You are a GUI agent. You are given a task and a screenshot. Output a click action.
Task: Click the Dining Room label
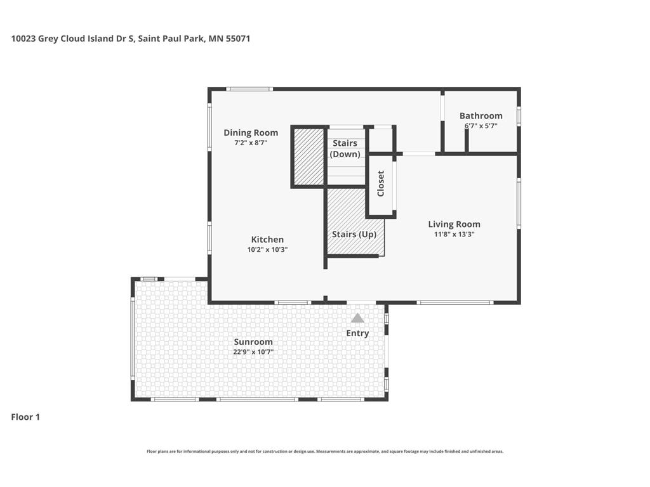click(251, 133)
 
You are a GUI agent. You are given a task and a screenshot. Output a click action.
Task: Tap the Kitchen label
click(267, 239)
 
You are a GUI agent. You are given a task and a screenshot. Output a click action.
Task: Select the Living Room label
click(454, 224)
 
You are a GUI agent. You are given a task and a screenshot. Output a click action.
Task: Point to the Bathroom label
click(481, 115)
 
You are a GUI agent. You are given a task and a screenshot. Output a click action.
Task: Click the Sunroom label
click(253, 342)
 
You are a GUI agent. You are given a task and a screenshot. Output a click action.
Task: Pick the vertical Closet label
click(381, 183)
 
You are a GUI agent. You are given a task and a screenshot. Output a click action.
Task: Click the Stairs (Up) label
click(354, 235)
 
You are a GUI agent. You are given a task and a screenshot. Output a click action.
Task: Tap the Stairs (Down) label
click(345, 148)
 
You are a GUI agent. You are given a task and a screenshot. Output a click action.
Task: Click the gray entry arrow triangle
click(357, 318)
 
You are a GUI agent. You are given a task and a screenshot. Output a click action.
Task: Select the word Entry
click(357, 334)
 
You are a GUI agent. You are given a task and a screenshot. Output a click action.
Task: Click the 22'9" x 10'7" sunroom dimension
click(253, 353)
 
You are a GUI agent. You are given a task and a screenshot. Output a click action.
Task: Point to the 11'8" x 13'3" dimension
click(454, 235)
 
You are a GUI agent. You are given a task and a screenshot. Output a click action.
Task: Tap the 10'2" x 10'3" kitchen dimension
click(267, 250)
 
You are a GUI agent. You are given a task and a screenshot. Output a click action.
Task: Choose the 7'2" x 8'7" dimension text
click(251, 143)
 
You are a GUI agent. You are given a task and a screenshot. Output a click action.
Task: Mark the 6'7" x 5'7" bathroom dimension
click(481, 126)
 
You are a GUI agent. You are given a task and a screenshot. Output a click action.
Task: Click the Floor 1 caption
click(25, 417)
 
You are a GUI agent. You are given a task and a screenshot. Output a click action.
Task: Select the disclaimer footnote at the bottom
click(325, 451)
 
